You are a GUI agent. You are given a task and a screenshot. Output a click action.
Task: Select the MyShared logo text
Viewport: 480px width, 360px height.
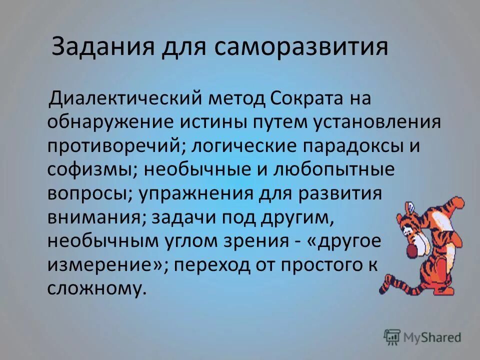click(432, 337)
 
